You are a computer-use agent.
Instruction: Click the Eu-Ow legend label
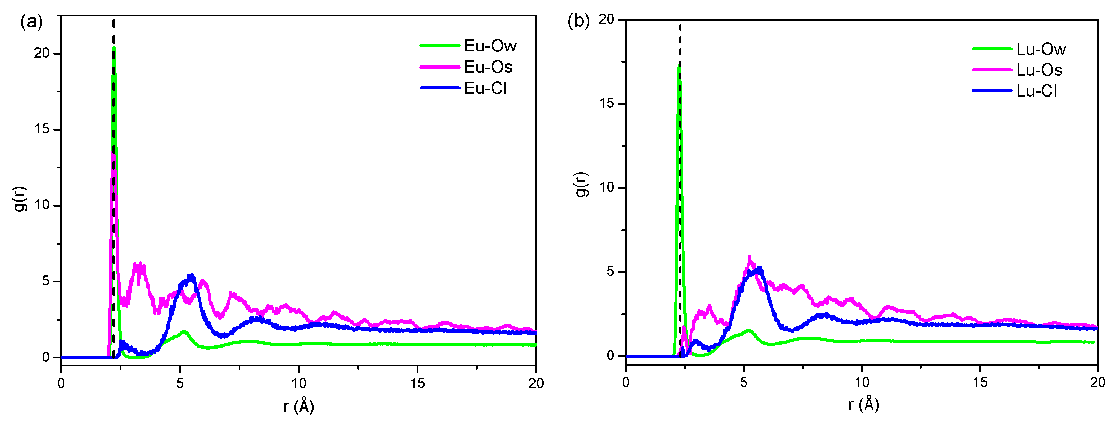click(490, 46)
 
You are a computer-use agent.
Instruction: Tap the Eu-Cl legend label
click(485, 88)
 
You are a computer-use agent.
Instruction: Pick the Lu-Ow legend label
click(1040, 49)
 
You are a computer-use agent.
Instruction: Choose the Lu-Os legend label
click(1039, 70)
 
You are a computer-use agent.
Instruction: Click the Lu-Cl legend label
click(1036, 91)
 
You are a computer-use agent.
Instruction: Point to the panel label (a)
click(31, 21)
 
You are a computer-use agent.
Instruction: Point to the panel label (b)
click(578, 20)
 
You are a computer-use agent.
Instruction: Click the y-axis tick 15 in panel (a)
click(42, 129)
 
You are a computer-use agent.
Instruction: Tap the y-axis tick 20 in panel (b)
click(606, 19)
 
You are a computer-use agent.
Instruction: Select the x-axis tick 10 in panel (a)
click(299, 383)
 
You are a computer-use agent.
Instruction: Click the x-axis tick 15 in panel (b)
click(980, 382)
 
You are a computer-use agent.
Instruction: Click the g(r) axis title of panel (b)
click(582, 184)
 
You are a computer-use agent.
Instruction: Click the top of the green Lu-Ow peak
click(679, 66)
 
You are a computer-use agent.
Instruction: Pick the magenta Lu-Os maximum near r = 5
click(750, 257)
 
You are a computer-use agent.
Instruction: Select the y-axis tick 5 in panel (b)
click(610, 271)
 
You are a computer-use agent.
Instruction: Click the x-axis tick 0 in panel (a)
click(61, 383)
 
